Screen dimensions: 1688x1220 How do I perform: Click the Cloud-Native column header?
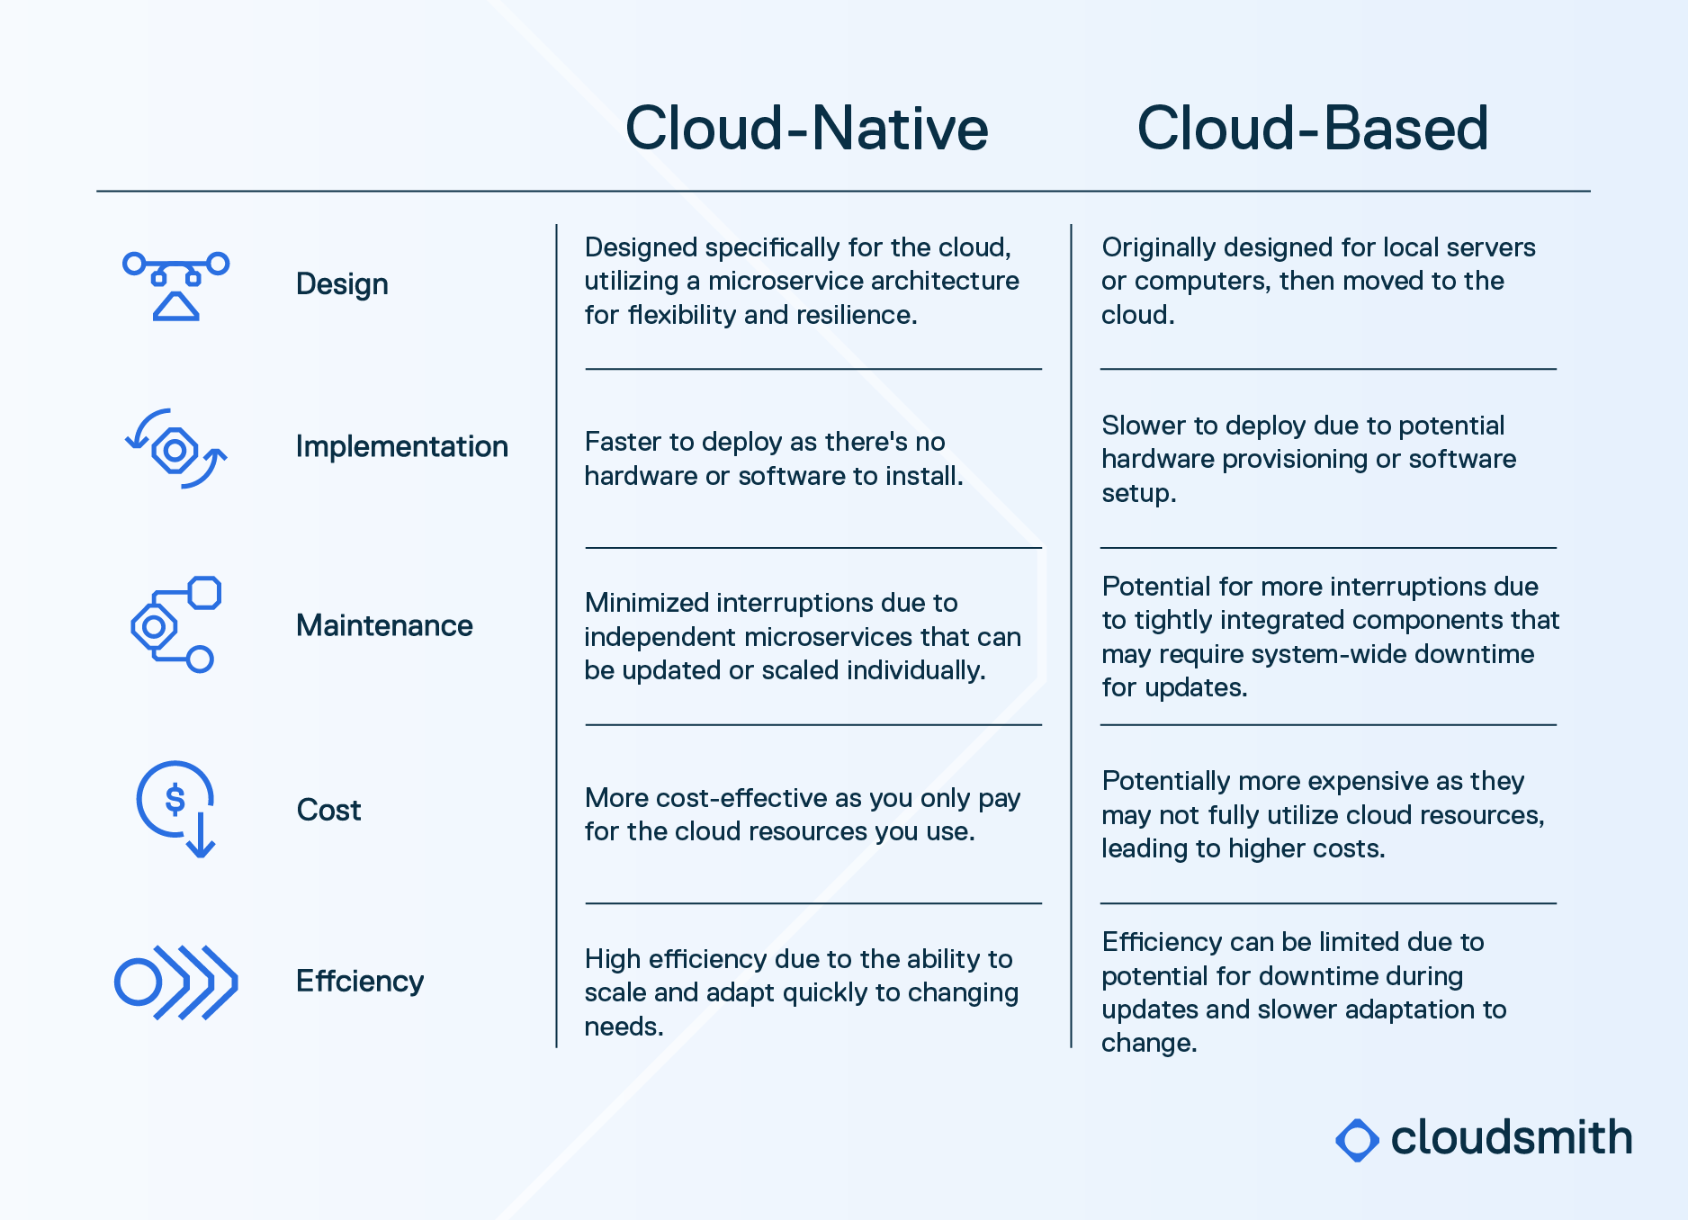click(806, 128)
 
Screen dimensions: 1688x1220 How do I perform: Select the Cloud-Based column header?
click(1313, 128)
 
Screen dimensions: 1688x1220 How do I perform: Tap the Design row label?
click(342, 284)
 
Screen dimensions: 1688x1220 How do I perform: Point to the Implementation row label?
click(401, 446)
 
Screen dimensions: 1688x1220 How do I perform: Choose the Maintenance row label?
click(384, 625)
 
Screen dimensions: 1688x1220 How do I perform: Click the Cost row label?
click(328, 810)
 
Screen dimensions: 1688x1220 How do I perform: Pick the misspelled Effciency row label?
click(360, 981)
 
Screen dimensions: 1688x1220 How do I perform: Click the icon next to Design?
click(176, 286)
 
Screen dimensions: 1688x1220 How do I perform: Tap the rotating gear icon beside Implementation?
click(175, 448)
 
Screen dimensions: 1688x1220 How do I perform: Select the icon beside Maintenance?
click(175, 624)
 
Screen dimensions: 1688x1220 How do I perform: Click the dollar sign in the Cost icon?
click(175, 799)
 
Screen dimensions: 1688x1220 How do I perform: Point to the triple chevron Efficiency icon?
click(176, 982)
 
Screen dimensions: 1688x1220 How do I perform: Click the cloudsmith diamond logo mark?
click(1357, 1140)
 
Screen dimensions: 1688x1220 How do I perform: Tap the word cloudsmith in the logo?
click(1512, 1138)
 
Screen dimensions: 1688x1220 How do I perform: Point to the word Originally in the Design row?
click(1159, 247)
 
